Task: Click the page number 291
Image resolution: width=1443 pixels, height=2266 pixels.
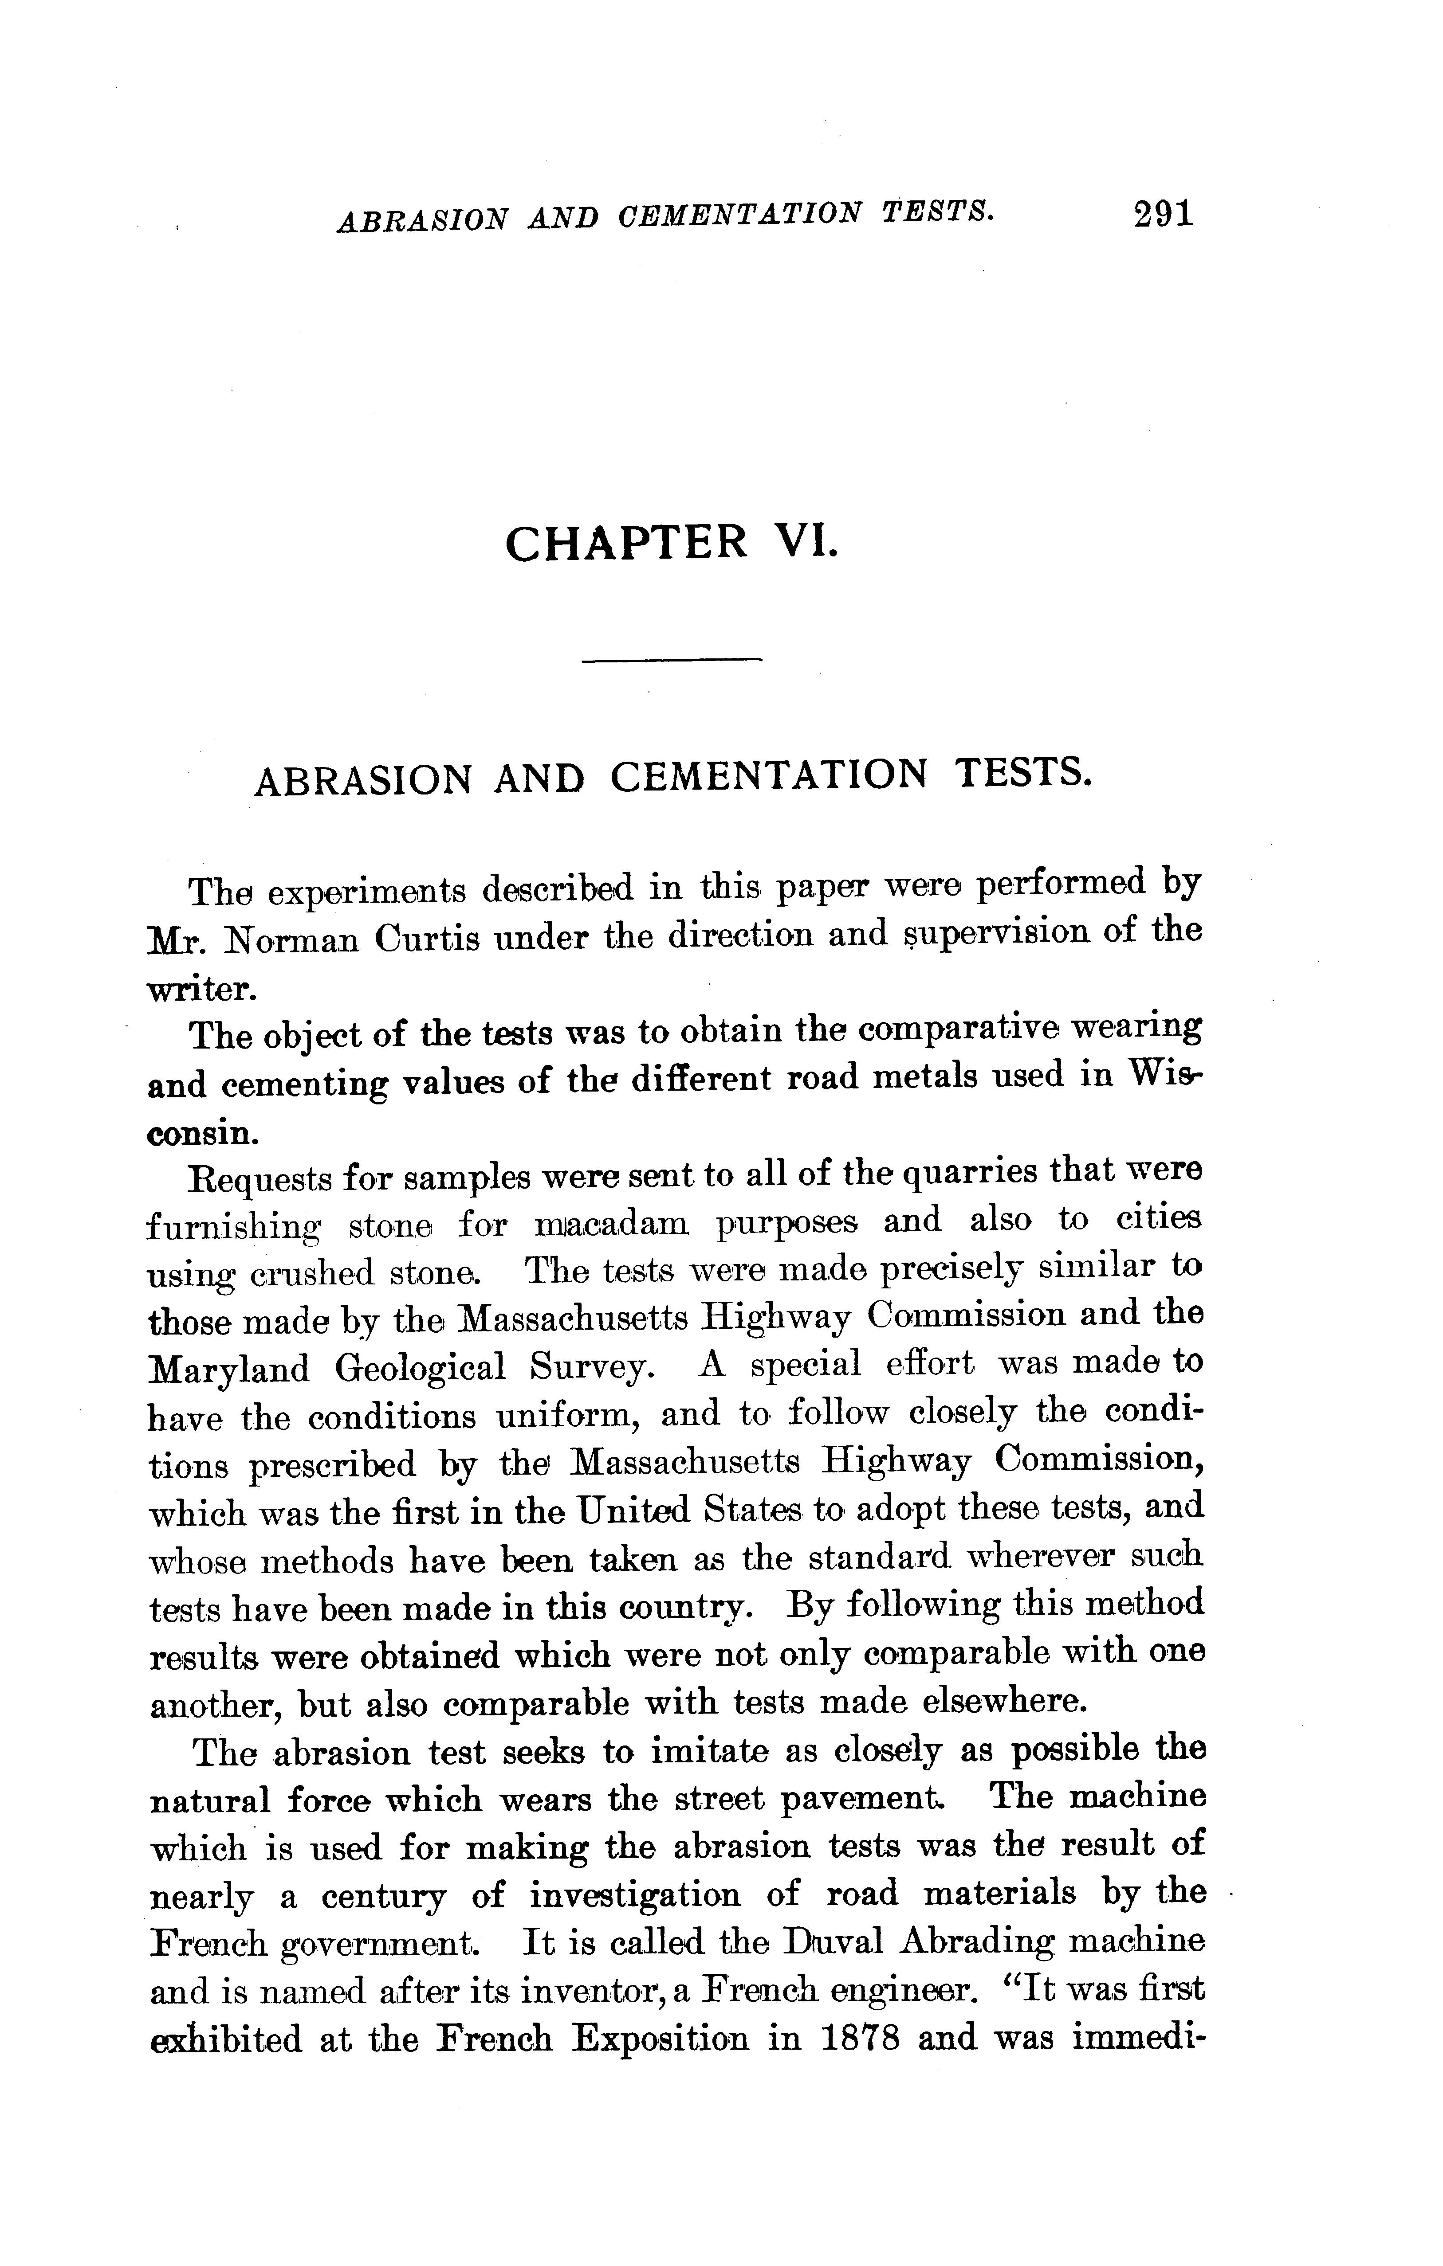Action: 1164,214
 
